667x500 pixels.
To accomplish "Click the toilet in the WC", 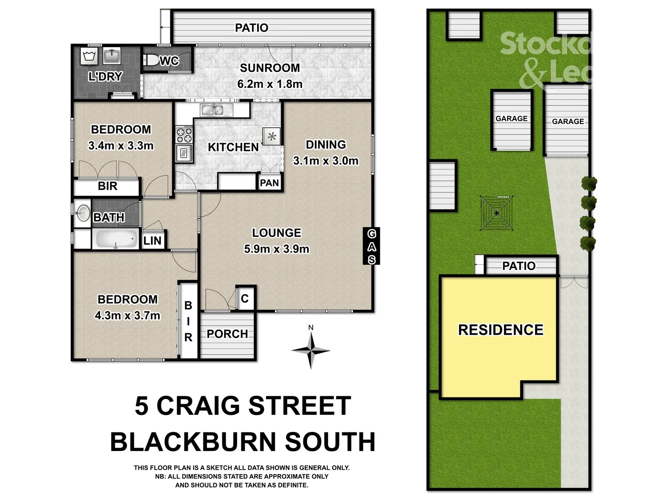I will pyautogui.click(x=151, y=60).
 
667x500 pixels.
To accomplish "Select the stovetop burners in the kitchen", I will pyautogui.click(x=184, y=135).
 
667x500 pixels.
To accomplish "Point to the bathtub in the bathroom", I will pyautogui.click(x=116, y=240).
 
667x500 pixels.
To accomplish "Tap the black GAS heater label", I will pyautogui.click(x=371, y=246).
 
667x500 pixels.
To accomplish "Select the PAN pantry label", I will pyautogui.click(x=269, y=183).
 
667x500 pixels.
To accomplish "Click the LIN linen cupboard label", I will pyautogui.click(x=152, y=241).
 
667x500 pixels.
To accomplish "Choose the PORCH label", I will pyautogui.click(x=227, y=334).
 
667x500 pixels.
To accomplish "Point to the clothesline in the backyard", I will pyautogui.click(x=497, y=213).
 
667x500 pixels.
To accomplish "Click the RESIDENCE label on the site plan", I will pyautogui.click(x=501, y=330).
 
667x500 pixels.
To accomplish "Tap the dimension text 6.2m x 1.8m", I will pyautogui.click(x=270, y=84).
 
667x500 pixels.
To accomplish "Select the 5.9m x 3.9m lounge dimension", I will pyautogui.click(x=277, y=249).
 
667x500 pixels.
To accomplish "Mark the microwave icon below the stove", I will pyautogui.click(x=184, y=153).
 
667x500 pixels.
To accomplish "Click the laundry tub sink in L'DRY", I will pyautogui.click(x=112, y=56).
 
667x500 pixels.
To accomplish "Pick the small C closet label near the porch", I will pyautogui.click(x=245, y=299).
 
